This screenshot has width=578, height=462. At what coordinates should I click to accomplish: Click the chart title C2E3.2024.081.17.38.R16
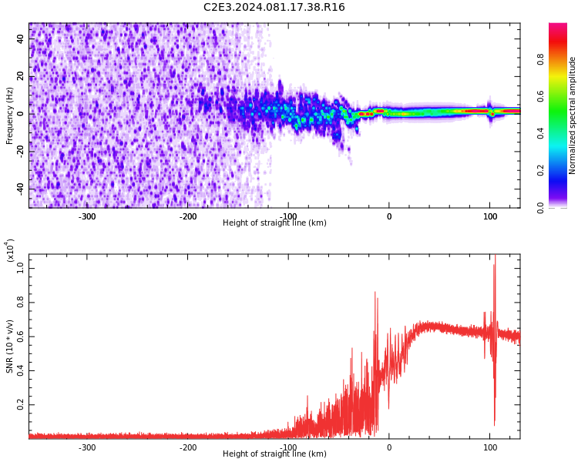(x=274, y=8)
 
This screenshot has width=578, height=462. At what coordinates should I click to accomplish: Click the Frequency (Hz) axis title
(x=10, y=115)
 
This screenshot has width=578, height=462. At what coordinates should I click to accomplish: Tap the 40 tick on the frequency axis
(x=21, y=38)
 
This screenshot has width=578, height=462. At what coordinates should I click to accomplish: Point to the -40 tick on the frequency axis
(x=21, y=188)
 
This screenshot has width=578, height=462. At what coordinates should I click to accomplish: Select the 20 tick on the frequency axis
(x=21, y=76)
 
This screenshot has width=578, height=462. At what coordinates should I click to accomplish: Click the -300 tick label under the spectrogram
(x=86, y=216)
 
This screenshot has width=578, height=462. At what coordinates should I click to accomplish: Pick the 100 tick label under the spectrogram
(x=490, y=216)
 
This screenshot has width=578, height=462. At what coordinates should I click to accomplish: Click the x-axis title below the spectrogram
(x=274, y=223)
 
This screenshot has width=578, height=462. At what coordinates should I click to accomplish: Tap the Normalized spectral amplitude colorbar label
(x=573, y=115)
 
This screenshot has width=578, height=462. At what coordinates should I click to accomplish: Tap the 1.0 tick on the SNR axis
(x=21, y=269)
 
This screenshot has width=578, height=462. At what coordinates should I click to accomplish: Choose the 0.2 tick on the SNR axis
(x=21, y=404)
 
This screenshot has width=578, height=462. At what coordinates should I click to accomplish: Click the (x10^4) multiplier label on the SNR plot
(x=10, y=251)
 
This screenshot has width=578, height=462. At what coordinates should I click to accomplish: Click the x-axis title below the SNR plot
(x=274, y=454)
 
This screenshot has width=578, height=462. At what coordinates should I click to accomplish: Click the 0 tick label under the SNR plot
(x=389, y=447)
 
